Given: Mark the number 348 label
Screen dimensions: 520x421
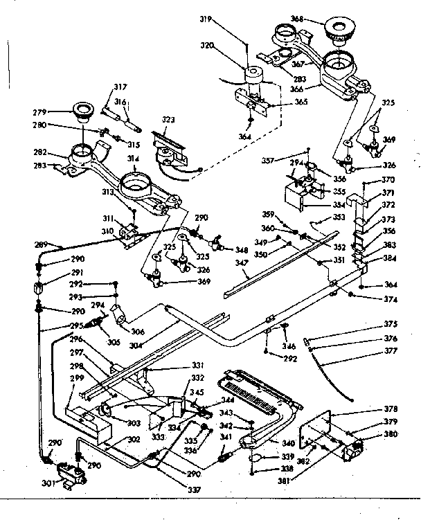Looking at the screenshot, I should [x=241, y=250].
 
